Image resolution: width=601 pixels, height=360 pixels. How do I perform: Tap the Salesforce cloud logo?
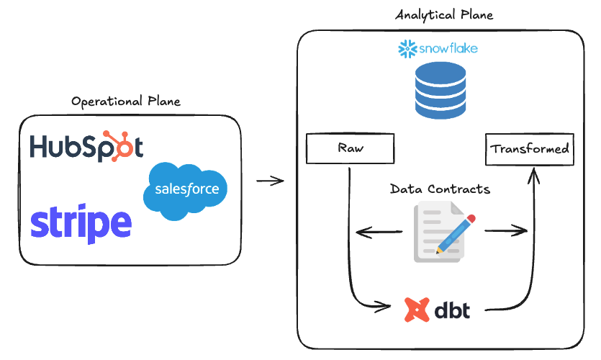click(x=186, y=191)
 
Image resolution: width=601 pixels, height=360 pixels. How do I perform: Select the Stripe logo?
click(x=81, y=224)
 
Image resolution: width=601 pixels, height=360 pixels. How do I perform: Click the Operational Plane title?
click(x=125, y=102)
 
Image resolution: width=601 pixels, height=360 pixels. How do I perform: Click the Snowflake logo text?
click(x=450, y=50)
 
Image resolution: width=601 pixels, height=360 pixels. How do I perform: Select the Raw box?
click(x=351, y=149)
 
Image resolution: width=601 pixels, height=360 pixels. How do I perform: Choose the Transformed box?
click(x=530, y=149)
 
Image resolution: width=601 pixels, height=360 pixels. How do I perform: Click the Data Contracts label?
click(x=440, y=189)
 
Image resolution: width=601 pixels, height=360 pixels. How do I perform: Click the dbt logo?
click(x=438, y=310)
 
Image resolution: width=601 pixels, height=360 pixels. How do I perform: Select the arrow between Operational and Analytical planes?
click(x=270, y=181)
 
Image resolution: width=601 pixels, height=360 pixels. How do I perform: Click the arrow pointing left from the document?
click(x=379, y=232)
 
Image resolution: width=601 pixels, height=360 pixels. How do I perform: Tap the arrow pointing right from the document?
click(x=506, y=231)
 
